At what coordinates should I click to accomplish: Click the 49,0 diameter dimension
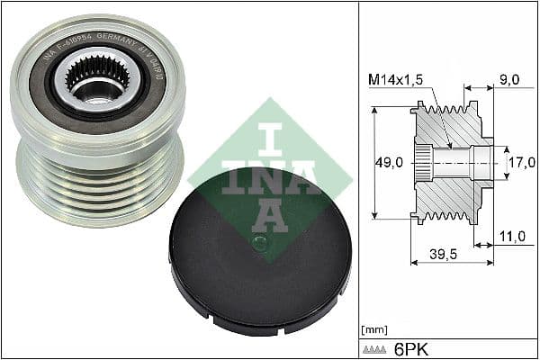pyautogui.click(x=389, y=162)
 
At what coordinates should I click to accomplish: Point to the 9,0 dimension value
pyautogui.click(x=509, y=79)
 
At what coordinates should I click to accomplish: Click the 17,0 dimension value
pyautogui.click(x=523, y=163)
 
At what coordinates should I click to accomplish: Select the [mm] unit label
pyautogui.click(x=373, y=328)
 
